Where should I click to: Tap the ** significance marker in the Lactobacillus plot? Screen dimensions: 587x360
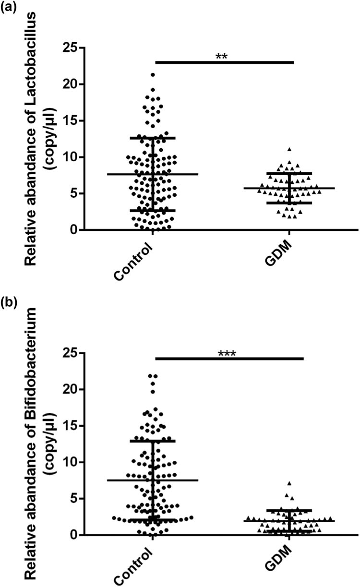click(221, 57)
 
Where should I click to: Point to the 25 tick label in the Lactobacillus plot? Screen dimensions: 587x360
click(71, 48)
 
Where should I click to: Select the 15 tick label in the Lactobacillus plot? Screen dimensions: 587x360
click(71, 120)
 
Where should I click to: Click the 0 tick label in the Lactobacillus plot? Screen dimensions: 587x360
click(74, 230)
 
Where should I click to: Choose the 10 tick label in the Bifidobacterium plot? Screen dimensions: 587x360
click(71, 462)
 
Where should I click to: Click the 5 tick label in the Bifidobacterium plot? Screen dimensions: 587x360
click(74, 499)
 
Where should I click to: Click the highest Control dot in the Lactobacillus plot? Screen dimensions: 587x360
click(153, 75)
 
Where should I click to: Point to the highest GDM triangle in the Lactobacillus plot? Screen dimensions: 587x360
click(289, 150)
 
